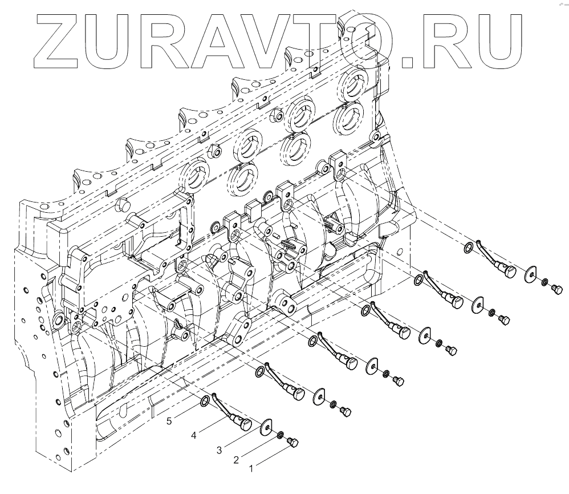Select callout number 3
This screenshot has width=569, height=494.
[219, 450]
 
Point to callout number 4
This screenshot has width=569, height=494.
[194, 435]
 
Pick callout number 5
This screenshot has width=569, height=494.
[169, 422]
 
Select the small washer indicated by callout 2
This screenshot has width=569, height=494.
[281, 436]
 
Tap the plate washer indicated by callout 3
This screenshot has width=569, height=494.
[266, 427]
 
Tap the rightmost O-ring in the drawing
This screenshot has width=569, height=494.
[467, 247]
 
